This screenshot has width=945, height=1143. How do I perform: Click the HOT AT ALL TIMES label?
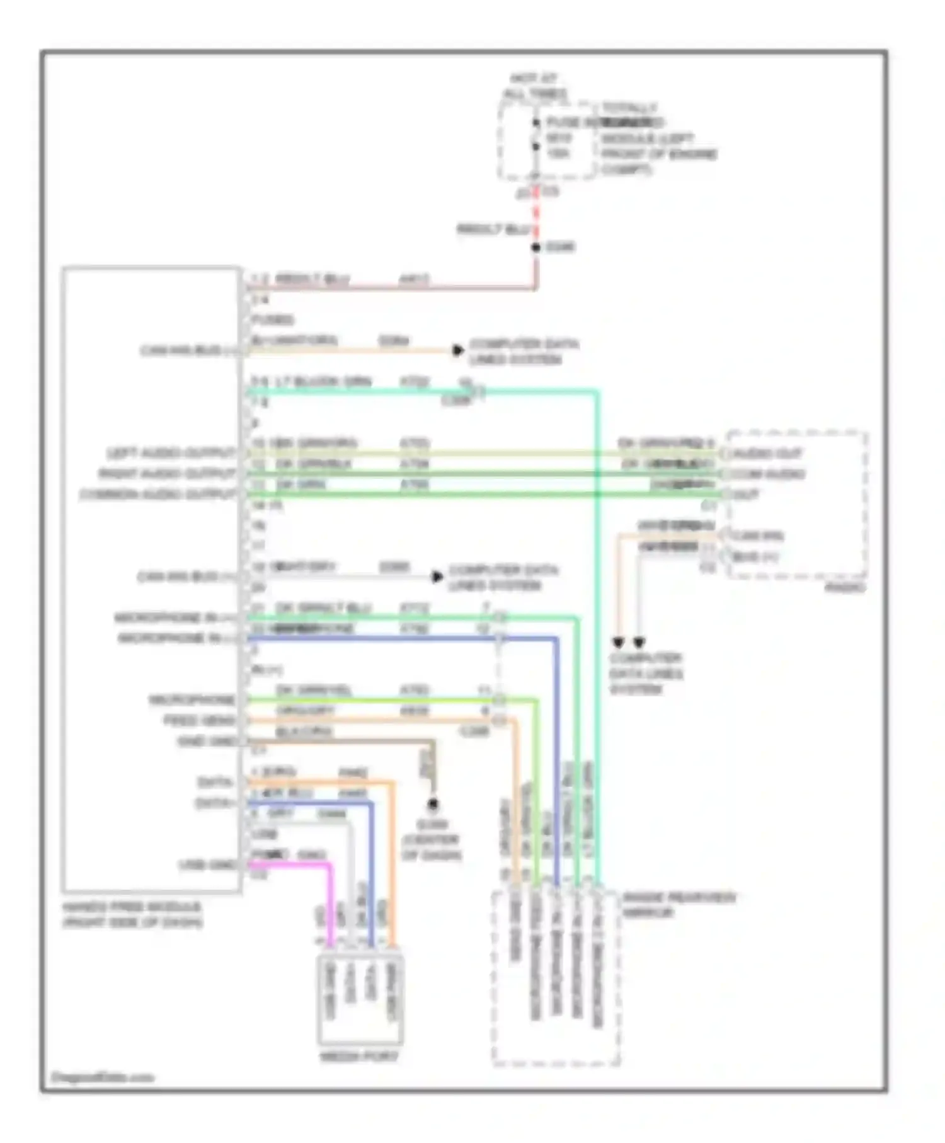tap(534, 86)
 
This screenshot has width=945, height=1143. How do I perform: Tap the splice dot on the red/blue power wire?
tap(536, 247)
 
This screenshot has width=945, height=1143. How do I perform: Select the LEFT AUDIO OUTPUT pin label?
tap(171, 453)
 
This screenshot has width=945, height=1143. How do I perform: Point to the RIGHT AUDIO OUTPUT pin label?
tap(167, 474)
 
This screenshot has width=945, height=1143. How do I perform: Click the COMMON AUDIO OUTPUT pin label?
tap(157, 495)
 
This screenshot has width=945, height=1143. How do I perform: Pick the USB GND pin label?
tap(207, 864)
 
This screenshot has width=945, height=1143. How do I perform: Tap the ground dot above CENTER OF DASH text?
tap(433, 804)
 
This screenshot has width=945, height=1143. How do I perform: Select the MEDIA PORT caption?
tap(358, 1056)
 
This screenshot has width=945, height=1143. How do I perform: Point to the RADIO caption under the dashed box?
tap(845, 587)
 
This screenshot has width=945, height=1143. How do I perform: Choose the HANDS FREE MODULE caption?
tap(132, 914)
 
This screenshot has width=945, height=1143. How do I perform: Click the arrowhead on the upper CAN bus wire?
tap(458, 350)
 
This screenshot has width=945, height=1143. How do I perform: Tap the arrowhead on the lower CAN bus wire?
tap(437, 577)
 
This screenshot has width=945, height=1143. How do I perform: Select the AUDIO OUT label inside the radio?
tap(767, 454)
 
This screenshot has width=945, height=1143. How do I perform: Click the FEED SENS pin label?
tap(199, 720)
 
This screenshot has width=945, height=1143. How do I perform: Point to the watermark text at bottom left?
tap(102, 1077)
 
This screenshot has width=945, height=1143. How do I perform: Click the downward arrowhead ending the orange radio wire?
tap(619, 642)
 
